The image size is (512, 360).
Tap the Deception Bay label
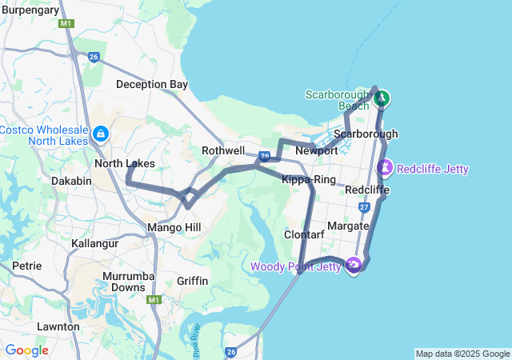[151, 84]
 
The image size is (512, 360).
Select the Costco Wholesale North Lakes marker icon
[101, 133]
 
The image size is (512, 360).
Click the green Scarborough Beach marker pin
[382, 98]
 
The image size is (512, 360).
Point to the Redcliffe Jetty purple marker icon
[385, 168]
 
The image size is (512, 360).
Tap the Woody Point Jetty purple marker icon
[353, 265]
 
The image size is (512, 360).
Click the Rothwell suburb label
[223, 150]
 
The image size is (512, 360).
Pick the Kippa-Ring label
[308, 179]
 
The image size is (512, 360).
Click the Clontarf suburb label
[305, 234]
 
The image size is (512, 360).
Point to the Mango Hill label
[173, 228]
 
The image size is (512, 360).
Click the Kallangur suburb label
[94, 242]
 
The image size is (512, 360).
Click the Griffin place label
[192, 281]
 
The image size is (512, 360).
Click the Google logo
[26, 350]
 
